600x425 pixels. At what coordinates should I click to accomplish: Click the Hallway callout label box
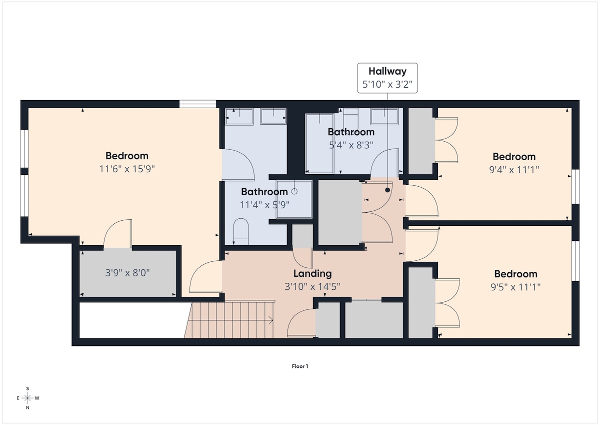pos(387,78)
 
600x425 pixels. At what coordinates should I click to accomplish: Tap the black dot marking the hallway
pos(387,190)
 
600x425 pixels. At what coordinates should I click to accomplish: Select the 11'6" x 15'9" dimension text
pos(127,169)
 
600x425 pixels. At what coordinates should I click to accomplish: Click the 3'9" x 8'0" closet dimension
pos(127,273)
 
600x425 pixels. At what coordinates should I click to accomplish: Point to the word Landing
pos(312,273)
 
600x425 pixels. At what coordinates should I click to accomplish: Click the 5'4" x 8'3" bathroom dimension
pos(351,145)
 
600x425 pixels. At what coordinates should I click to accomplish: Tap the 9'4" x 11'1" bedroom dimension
pos(514,170)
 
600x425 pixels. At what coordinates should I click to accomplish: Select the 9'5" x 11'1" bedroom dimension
pos(515,287)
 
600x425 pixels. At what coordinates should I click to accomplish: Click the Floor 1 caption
pos(300,366)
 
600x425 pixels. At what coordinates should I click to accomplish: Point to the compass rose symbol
pos(27,398)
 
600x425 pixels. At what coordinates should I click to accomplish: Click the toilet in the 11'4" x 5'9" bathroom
pos(241,231)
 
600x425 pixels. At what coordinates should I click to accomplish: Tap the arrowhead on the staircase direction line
pos(271,320)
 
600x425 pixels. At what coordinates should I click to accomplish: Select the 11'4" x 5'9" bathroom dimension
pos(264,205)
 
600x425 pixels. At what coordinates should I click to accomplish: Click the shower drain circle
pos(294,191)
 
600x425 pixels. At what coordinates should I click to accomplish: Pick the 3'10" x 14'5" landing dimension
pos(312,287)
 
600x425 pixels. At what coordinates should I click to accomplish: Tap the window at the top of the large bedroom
pos(197,104)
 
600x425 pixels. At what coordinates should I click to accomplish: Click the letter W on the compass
pos(37,398)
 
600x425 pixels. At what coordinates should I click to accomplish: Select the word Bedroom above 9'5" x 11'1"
pos(515,274)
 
